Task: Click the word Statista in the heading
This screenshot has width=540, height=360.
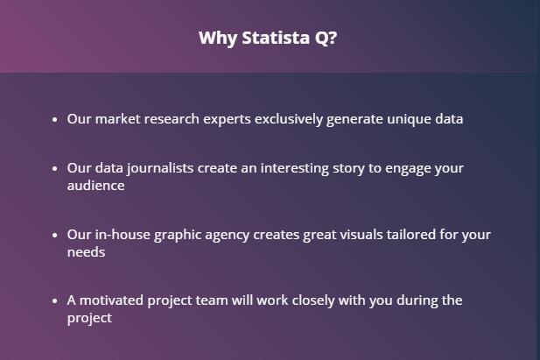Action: pos(276,38)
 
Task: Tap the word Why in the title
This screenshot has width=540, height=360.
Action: pos(218,39)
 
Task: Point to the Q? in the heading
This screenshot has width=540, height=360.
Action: pos(326,38)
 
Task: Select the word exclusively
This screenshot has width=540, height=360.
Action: pos(289,119)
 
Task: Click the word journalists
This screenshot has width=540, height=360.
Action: pos(160,169)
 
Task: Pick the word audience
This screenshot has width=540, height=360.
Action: pos(95,186)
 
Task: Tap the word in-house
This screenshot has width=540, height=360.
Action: pos(123,235)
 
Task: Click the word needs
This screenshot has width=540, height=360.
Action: pos(86,252)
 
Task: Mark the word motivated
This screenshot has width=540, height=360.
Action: pos(111,300)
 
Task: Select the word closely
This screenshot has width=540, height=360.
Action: pos(313,301)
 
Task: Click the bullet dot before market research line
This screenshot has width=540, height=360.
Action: pos(55,120)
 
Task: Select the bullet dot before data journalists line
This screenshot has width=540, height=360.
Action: pos(55,169)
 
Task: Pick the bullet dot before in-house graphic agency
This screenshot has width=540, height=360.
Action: pos(55,235)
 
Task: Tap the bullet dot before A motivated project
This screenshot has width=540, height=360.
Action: pos(55,301)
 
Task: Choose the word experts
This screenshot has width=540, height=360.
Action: pos(227,120)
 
